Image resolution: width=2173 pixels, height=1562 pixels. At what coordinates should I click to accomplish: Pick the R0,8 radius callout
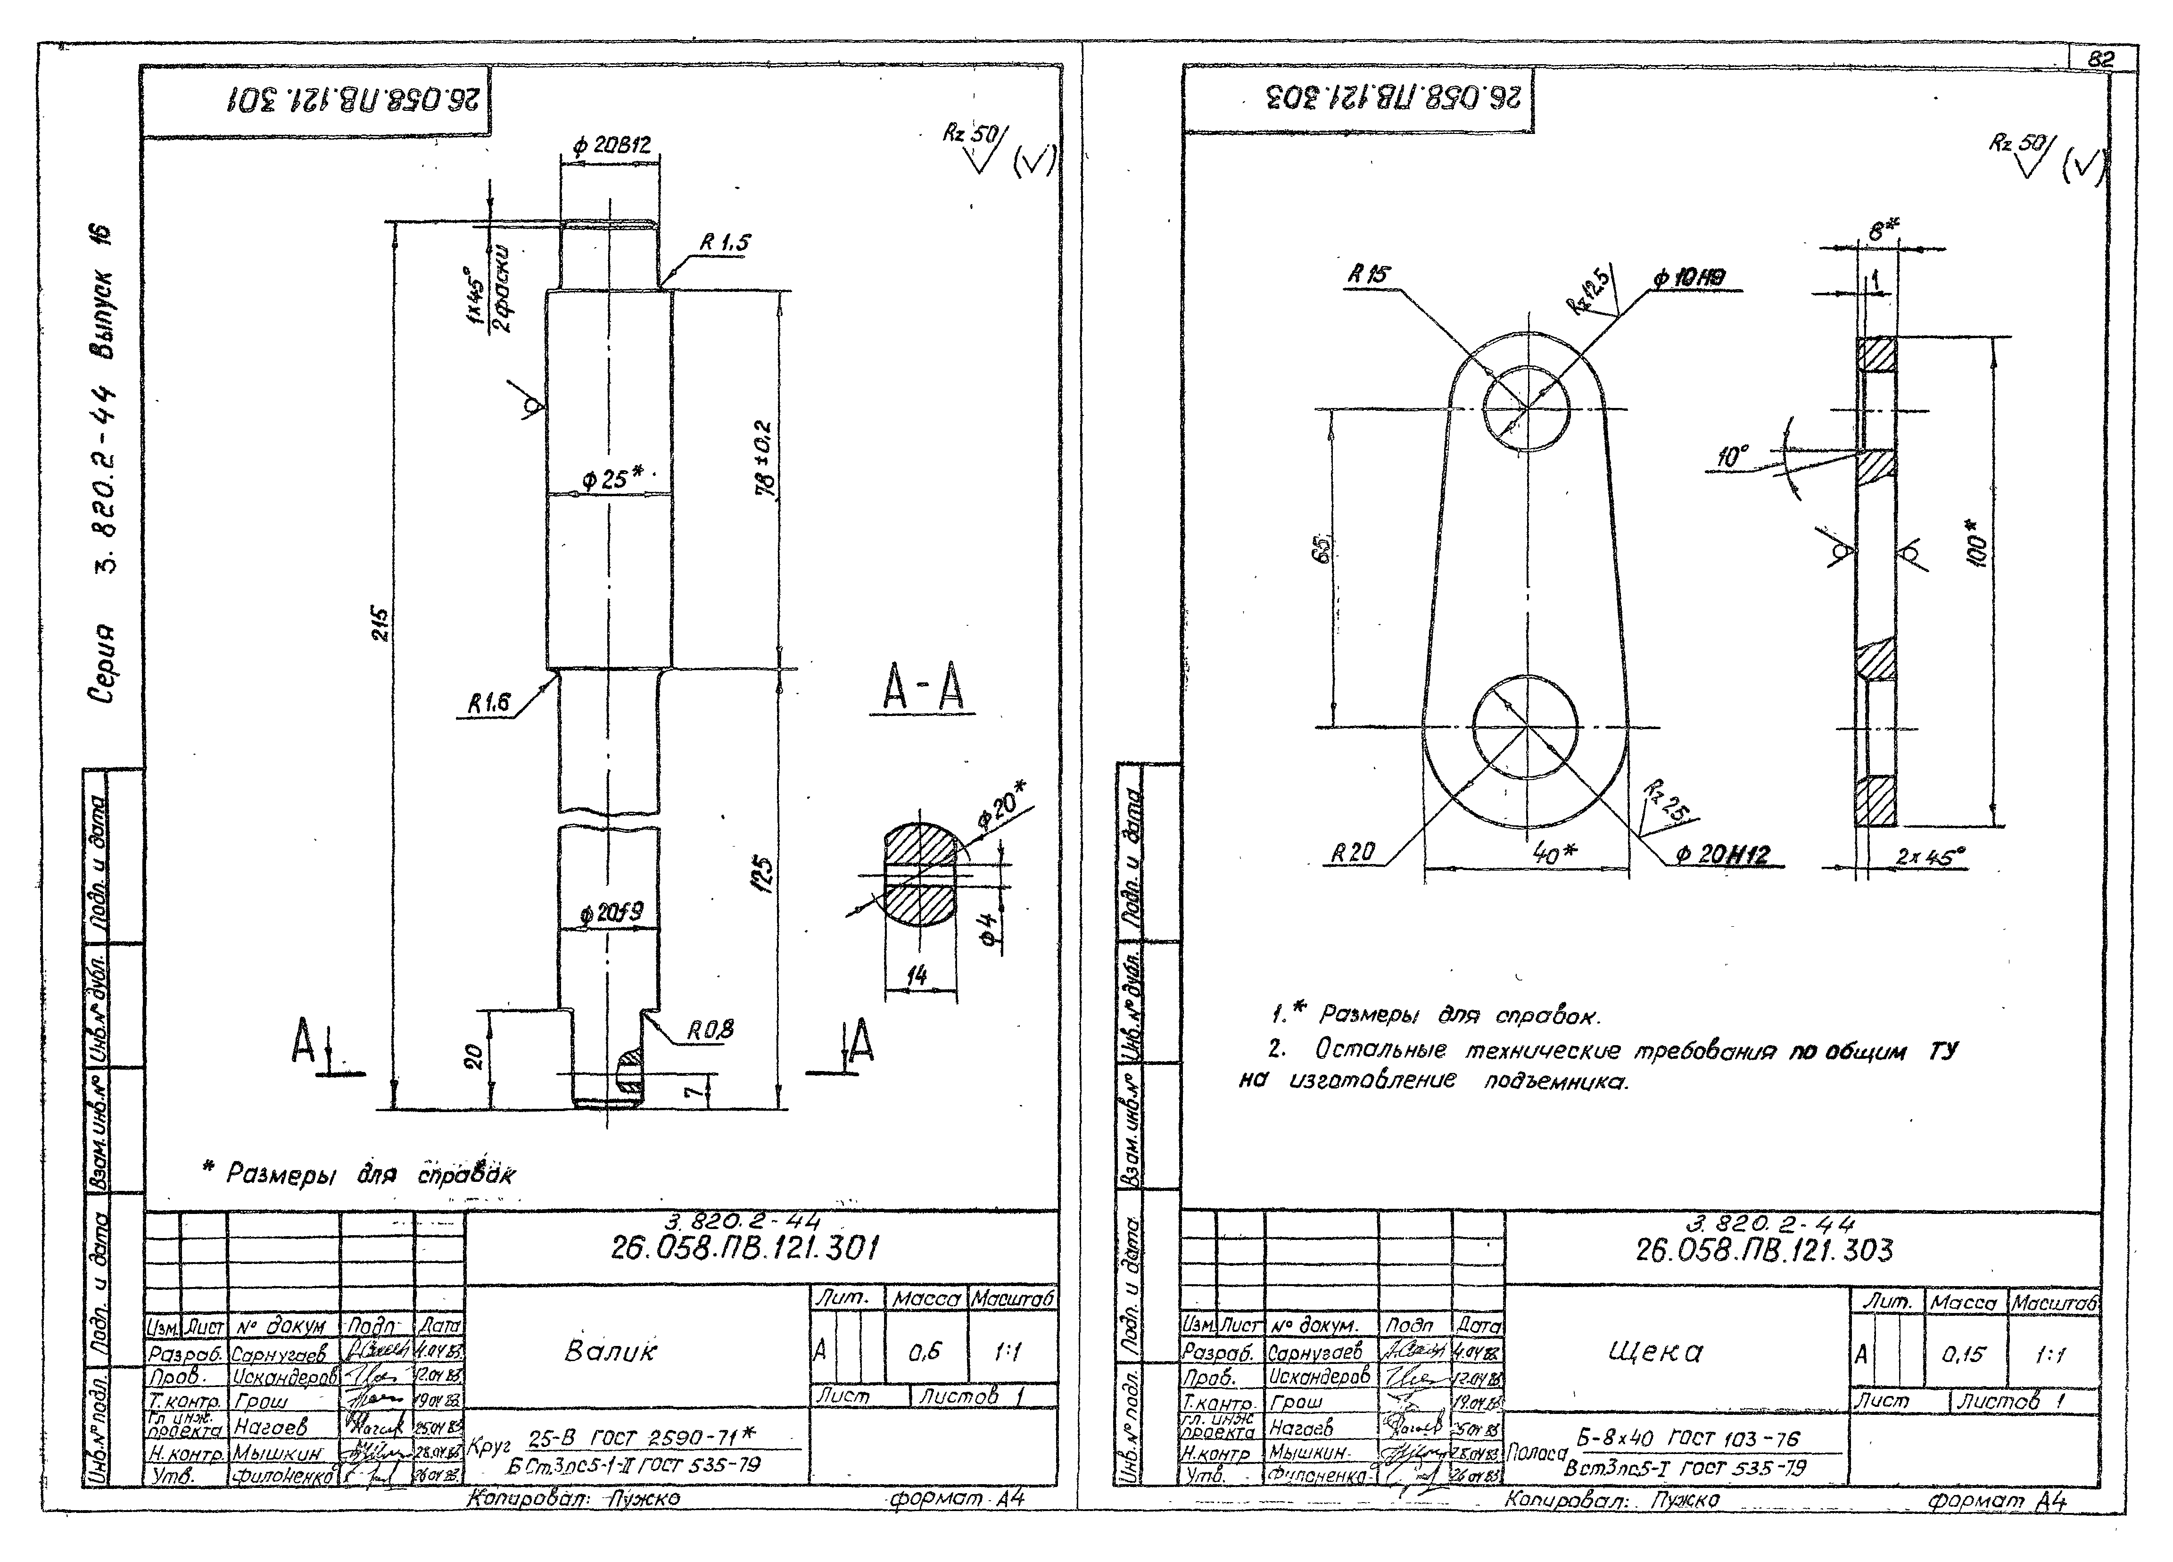[710, 1030]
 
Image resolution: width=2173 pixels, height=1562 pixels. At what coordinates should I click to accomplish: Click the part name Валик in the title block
[611, 1351]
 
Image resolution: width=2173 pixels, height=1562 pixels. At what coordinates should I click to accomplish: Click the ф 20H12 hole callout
[1722, 855]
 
